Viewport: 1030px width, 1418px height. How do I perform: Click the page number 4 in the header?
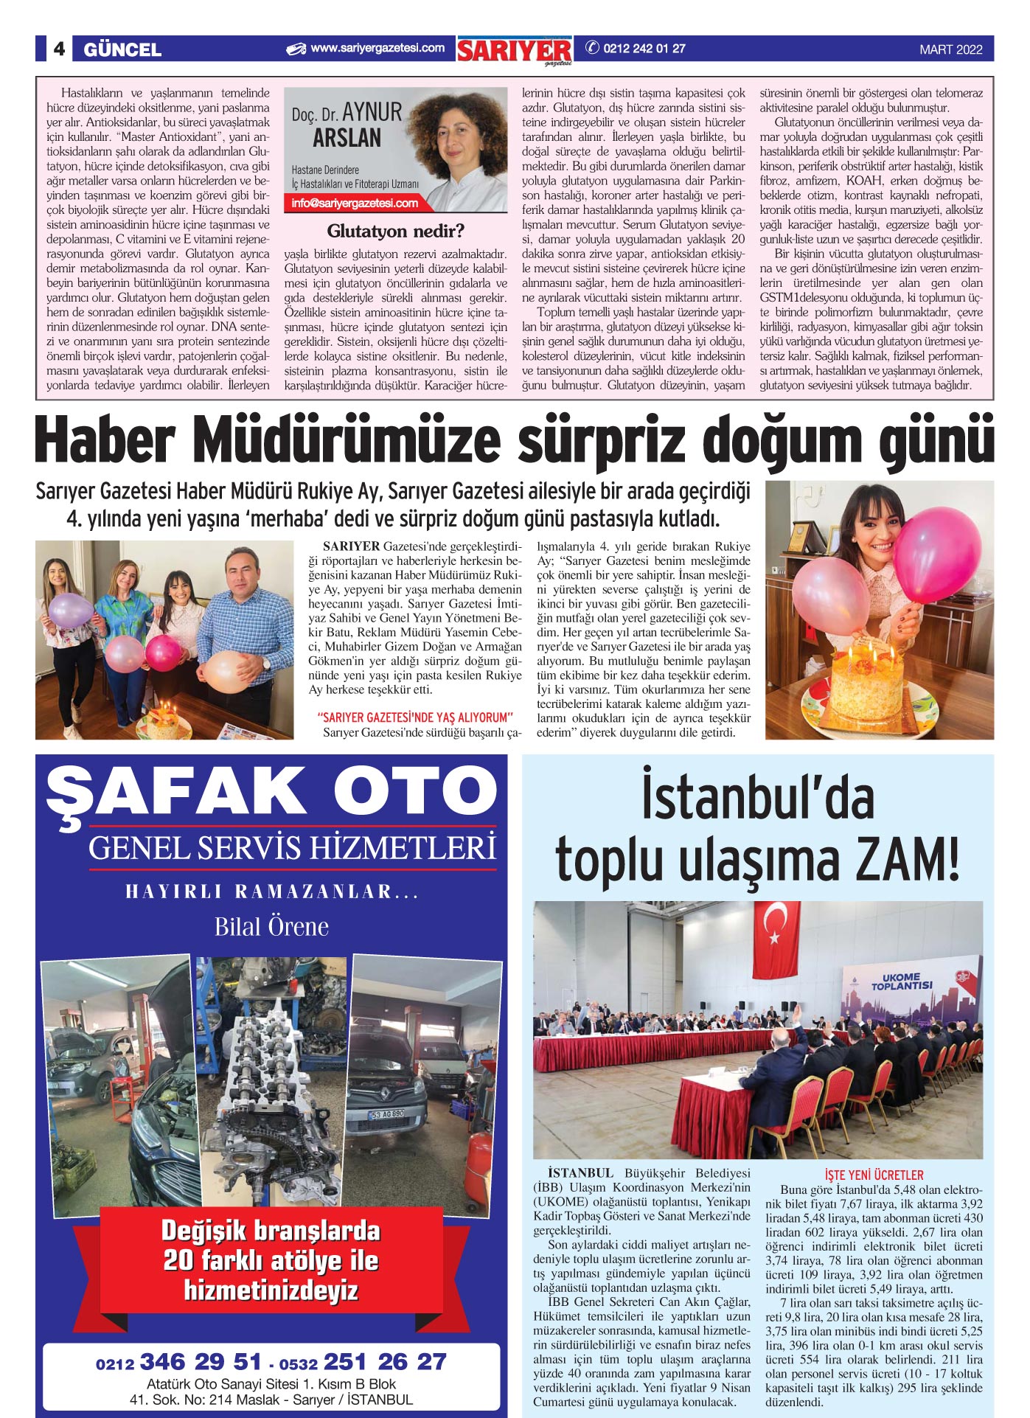59,49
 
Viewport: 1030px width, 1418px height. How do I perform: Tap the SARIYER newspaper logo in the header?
515,50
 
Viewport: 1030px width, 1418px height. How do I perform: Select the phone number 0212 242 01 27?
644,49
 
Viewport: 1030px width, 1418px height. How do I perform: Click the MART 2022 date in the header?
950,50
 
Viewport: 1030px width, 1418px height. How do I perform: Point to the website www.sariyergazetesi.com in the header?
377,49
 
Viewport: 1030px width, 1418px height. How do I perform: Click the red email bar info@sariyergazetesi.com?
355,204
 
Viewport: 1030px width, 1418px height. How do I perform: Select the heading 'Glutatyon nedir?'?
395,231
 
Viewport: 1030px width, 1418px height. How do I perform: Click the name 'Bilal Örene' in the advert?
271,926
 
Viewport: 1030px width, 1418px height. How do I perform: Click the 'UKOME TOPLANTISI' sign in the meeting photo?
901,981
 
